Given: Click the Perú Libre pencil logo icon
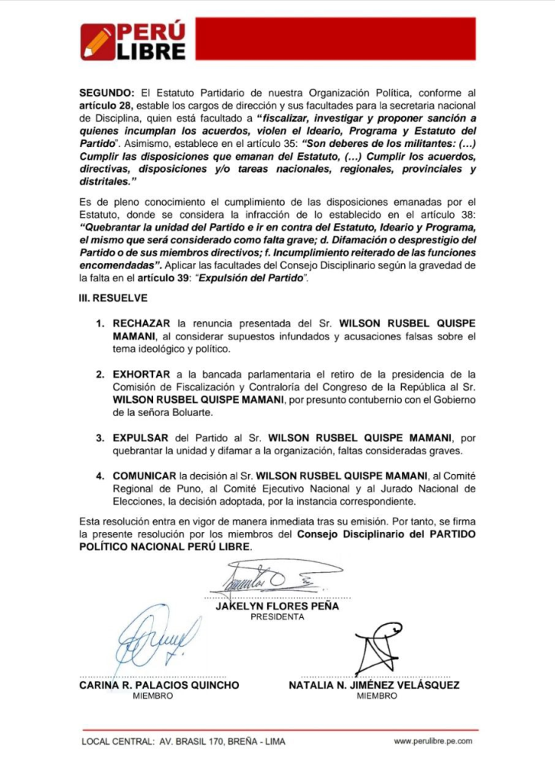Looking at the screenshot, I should point(97,42).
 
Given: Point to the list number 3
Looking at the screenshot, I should point(100,437).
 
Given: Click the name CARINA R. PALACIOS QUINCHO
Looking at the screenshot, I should point(159,686).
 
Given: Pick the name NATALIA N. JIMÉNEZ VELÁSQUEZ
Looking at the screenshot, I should point(374,686).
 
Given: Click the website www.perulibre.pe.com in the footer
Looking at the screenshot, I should point(433,741).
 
